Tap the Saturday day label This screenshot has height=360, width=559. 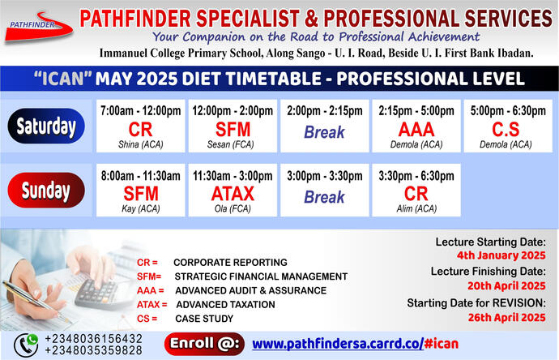pos(47,126)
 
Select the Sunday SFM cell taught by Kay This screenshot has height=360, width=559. pos(140,192)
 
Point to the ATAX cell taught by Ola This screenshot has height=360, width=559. pos(233,192)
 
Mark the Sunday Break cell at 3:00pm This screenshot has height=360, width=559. pos(324,192)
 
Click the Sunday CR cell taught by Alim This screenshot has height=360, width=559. pos(416,192)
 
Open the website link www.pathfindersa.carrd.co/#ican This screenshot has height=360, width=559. pos(355,343)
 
